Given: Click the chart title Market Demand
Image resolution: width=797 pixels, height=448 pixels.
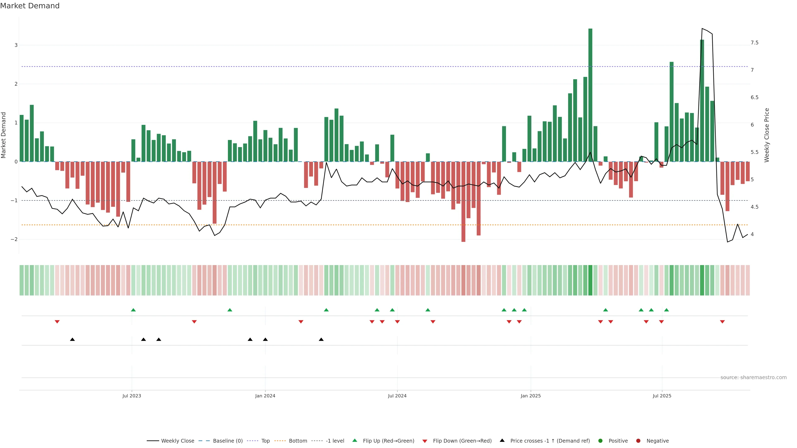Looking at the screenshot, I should coord(30,6).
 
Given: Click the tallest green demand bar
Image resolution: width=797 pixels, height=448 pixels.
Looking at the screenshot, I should coord(590,95).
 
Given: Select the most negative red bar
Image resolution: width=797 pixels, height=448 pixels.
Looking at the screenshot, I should coord(463,202).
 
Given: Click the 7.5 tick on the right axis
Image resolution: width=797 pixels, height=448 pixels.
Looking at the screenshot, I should coord(754,43).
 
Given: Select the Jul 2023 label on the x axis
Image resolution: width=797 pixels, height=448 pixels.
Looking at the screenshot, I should coord(132,396).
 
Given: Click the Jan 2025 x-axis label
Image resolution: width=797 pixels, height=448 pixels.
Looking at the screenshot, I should coord(531,396).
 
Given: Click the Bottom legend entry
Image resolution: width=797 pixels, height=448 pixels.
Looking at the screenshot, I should coord(298,441).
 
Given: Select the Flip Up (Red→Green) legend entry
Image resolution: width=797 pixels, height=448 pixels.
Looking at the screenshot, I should coord(388,441).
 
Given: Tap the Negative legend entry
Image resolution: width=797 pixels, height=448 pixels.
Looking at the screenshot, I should coord(658,441).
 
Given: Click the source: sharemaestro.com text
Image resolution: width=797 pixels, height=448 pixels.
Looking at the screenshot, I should coord(753,377).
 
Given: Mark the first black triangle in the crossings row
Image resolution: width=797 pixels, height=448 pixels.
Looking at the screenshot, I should coord(72,340).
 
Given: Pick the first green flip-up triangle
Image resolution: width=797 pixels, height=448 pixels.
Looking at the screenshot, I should coord(133,310).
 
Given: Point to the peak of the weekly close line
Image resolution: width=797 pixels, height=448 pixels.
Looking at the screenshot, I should coord(702,28).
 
